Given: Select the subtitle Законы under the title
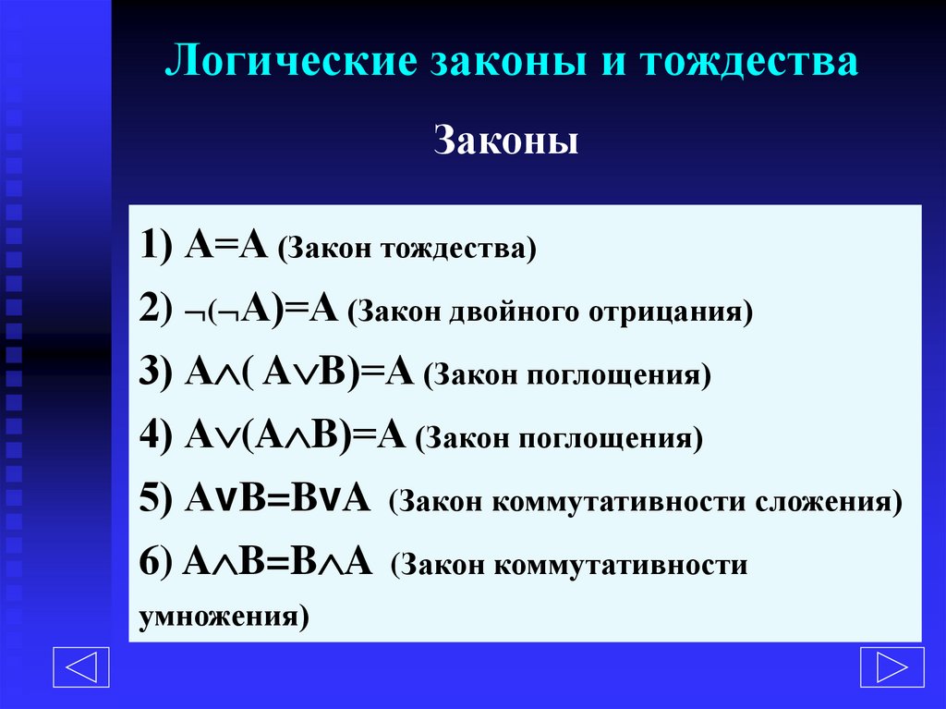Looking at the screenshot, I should [505, 143].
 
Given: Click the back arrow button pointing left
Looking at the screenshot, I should [81, 667].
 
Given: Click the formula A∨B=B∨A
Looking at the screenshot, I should [279, 500].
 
